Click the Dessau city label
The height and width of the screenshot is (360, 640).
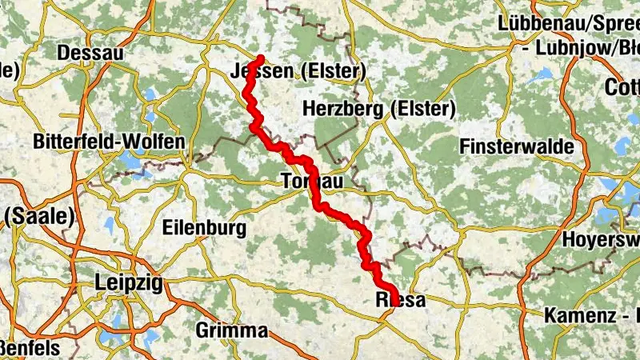(x=90, y=53)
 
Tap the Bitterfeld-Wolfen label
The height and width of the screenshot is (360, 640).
(x=109, y=142)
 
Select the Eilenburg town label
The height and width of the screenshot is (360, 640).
(x=204, y=228)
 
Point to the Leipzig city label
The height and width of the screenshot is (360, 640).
(x=128, y=282)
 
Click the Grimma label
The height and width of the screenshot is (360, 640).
(x=231, y=330)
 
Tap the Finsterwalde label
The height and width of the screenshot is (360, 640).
(x=528, y=146)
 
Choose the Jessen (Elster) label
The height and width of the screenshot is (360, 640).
(x=297, y=70)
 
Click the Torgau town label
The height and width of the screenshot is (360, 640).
(x=313, y=182)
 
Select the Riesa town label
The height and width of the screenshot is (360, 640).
(x=399, y=300)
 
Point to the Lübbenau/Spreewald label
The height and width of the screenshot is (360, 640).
(x=567, y=23)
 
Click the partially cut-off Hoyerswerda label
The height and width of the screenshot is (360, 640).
(x=600, y=238)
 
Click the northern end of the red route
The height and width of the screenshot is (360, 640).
(x=261, y=58)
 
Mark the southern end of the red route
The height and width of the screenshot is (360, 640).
(x=394, y=293)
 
